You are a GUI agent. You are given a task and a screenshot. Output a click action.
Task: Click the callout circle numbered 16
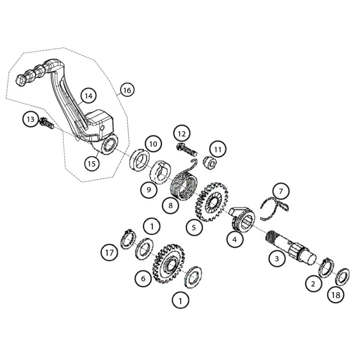click(x=127, y=90)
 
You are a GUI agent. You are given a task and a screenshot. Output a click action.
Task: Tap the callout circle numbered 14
click(x=88, y=96)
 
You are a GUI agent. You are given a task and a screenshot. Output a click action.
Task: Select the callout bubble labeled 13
click(x=31, y=119)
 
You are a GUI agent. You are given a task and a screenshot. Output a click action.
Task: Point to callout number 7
click(x=281, y=192)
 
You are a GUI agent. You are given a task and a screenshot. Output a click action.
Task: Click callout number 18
click(x=336, y=295)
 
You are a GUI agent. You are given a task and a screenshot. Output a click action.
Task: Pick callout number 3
click(x=277, y=258)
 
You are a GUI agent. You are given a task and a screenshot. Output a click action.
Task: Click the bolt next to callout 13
click(x=47, y=124)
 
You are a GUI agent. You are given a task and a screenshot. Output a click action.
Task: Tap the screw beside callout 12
click(x=187, y=151)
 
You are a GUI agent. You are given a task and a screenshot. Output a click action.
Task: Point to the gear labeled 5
click(x=211, y=203)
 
